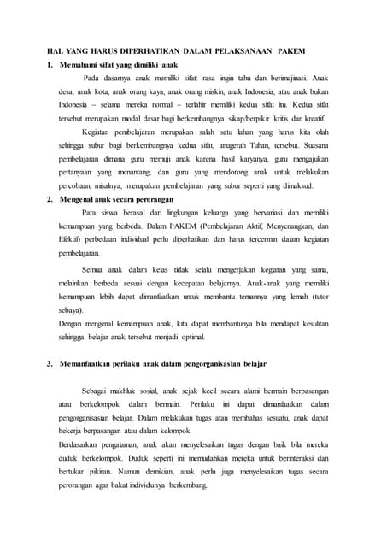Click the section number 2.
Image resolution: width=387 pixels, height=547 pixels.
50,198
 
